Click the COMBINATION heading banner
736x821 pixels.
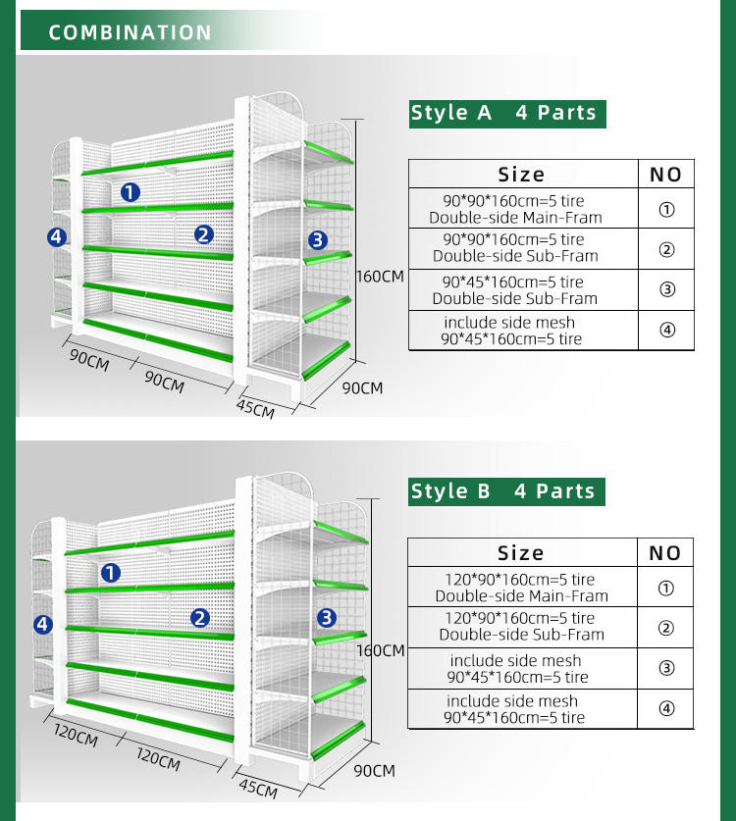[130, 32]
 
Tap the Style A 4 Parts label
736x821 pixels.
[504, 113]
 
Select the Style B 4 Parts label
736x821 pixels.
[504, 491]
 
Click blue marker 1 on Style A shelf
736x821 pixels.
[131, 192]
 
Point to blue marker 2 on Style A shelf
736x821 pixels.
[203, 234]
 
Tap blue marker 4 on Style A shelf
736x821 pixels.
[56, 236]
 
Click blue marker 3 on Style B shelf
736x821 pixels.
[327, 617]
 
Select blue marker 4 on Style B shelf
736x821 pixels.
[42, 624]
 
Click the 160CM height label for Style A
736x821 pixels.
[380, 277]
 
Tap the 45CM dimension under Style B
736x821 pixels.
[258, 787]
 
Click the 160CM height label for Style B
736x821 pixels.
[380, 650]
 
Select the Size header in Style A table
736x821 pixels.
[521, 175]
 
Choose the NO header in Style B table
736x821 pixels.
[665, 553]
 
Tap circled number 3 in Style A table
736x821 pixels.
[667, 289]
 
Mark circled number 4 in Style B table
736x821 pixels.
[667, 709]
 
